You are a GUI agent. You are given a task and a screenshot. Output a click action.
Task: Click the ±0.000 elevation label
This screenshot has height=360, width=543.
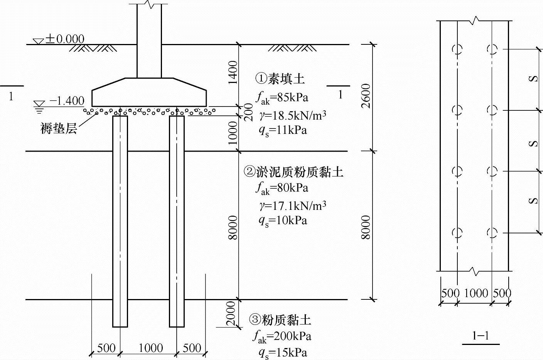coord(65,39)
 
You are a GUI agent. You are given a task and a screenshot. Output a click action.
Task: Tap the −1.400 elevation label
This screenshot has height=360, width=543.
coord(67,101)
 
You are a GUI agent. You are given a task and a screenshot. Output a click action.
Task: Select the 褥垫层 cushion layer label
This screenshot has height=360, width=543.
coord(59,128)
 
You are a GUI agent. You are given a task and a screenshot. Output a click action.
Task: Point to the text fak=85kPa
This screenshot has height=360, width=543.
coord(282,97)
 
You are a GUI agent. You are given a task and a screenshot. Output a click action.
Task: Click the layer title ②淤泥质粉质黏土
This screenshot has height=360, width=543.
coord(293,171)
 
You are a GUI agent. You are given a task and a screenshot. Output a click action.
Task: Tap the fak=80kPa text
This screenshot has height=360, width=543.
coord(282,188)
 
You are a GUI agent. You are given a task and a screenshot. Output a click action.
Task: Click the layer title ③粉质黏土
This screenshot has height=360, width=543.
coord(280,319)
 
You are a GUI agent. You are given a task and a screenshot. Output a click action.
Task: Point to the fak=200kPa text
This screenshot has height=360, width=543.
coord(282,336)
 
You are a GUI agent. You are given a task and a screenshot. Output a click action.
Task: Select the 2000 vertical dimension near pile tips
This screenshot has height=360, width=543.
coord(231,313)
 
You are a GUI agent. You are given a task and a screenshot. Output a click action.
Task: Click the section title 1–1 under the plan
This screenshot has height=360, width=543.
coord(481,336)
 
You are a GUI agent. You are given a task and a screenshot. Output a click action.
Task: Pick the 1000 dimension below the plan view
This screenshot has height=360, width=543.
coord(476,293)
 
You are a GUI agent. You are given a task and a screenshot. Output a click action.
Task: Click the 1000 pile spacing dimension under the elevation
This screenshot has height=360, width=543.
coord(150,348)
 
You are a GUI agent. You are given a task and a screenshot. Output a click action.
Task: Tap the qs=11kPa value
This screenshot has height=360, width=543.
coord(283,130)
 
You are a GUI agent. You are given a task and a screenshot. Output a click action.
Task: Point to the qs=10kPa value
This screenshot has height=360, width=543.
coord(283,221)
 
